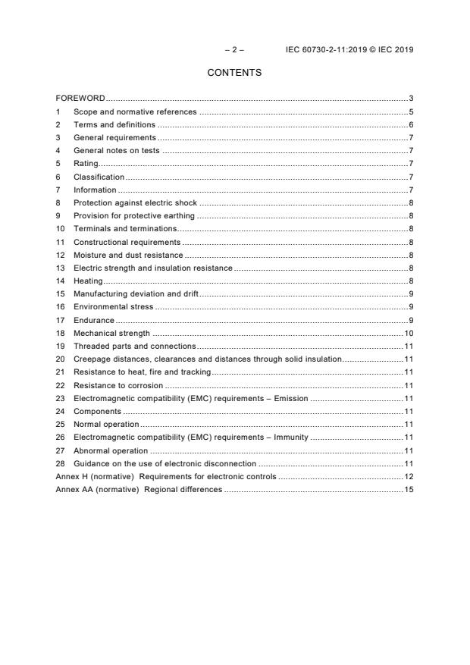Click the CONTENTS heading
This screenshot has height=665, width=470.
tap(234, 73)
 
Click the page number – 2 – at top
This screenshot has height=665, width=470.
tap(234, 50)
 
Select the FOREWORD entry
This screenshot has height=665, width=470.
tap(80, 99)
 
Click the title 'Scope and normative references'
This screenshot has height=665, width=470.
tap(134, 112)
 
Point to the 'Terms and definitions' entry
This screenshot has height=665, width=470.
tap(114, 125)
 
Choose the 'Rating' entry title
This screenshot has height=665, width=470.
tap(86, 164)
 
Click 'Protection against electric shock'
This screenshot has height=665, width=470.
tap(135, 203)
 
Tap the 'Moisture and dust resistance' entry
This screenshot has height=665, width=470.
tap(127, 256)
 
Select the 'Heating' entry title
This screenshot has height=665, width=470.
tap(88, 281)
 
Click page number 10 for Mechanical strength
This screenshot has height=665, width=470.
tap(408, 334)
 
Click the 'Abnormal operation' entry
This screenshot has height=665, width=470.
tap(110, 450)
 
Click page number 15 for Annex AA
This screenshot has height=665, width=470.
tap(408, 490)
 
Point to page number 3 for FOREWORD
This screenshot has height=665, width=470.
tap(410, 99)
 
